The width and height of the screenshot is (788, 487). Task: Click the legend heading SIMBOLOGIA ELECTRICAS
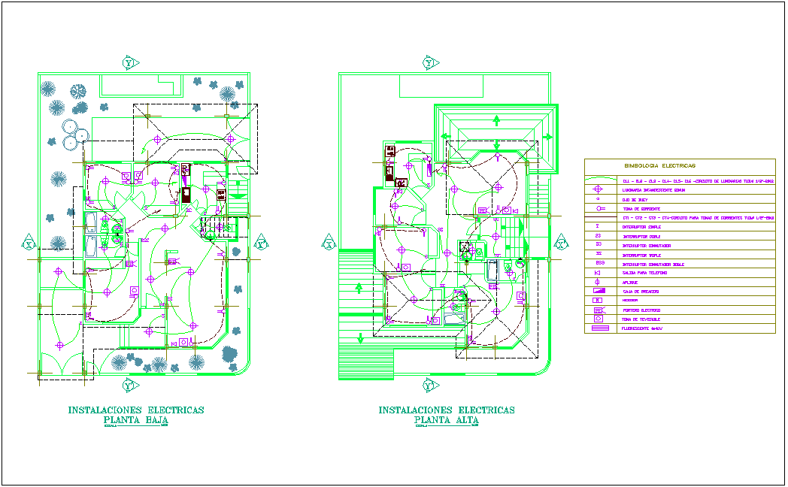659,165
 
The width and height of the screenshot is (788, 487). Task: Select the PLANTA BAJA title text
136,421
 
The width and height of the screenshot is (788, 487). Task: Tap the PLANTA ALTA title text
447,421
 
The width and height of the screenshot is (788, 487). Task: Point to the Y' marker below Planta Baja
130,386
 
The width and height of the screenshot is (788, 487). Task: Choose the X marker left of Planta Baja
29,244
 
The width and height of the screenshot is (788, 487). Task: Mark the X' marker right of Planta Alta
560,243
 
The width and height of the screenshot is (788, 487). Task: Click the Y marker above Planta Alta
429,62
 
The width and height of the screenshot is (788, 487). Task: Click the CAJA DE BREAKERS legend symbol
599,290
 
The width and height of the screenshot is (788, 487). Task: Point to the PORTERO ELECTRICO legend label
641,310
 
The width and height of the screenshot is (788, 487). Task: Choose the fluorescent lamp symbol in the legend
599,328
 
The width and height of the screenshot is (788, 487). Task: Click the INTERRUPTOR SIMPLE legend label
644,226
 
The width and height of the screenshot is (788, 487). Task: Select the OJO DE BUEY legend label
636,199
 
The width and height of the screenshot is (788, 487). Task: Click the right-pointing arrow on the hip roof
549,136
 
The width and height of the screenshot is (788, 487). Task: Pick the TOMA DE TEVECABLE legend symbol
599,319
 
